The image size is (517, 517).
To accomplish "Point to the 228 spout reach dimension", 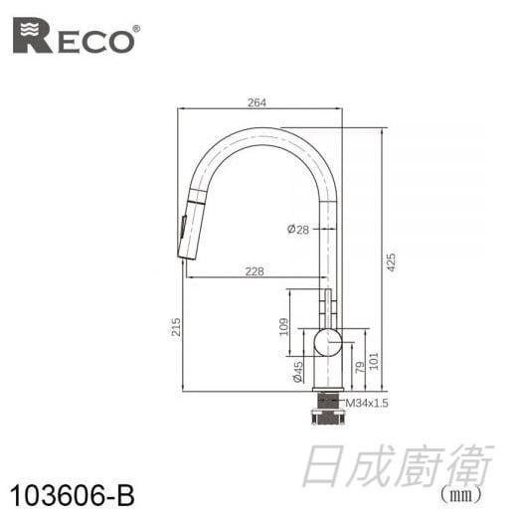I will pyautogui.click(x=256, y=270).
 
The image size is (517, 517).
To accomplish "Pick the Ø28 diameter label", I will pyautogui.click(x=297, y=230).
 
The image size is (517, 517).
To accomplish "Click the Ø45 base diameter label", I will pyautogui.click(x=297, y=371).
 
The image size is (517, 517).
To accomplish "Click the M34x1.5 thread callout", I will pyautogui.click(x=365, y=403).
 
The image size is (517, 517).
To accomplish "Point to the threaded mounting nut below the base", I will pyautogui.click(x=326, y=407).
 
